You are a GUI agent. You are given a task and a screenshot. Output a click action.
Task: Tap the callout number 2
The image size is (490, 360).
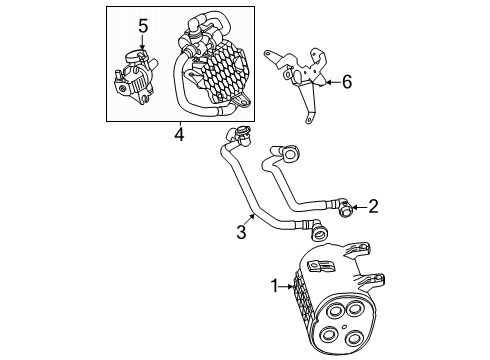pyautogui.click(x=373, y=207)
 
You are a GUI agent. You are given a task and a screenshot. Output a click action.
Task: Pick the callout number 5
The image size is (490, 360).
pyautogui.click(x=143, y=27)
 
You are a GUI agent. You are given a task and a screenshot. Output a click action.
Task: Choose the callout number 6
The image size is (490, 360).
pyautogui.click(x=347, y=82)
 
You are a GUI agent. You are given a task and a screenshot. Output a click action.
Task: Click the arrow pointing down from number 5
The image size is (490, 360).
pyautogui.click(x=143, y=45)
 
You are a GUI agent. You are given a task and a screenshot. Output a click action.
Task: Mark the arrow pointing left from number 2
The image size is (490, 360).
pyautogui.click(x=359, y=208)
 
